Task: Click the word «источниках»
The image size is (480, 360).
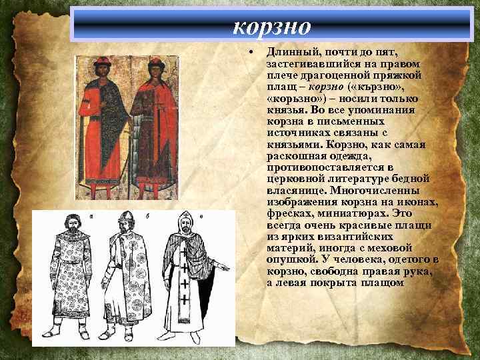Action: pyautogui.click(x=297, y=133)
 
